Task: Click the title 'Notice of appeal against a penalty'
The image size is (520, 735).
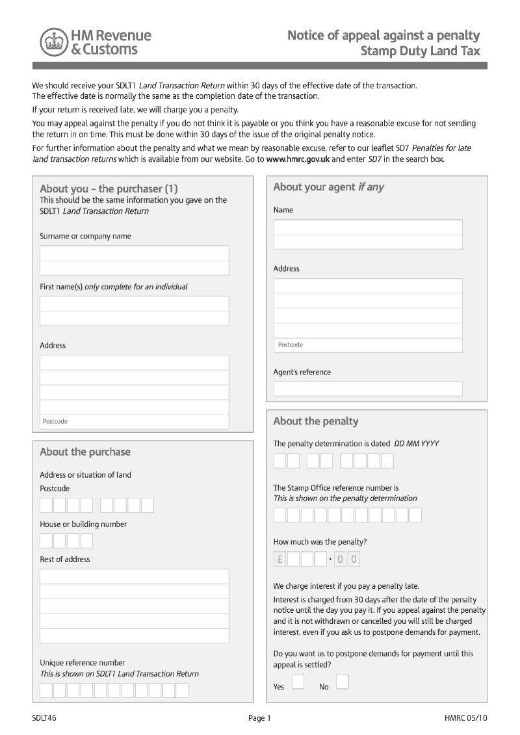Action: [383, 35]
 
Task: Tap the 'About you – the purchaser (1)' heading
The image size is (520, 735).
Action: [109, 189]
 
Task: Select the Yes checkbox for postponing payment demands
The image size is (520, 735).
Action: [298, 681]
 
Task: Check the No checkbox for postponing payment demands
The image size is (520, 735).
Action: [342, 681]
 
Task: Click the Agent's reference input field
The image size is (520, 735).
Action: [368, 389]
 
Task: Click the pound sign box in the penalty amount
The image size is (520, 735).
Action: [280, 559]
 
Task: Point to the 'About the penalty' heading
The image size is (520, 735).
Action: [315, 421]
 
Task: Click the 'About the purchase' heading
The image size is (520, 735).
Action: [85, 452]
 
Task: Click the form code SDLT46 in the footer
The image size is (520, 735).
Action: [44, 717]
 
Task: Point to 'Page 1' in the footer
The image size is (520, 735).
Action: [259, 717]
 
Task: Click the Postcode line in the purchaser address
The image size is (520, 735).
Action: [135, 422]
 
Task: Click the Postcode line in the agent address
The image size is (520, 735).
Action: [368, 345]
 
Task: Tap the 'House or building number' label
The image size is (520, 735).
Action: [83, 524]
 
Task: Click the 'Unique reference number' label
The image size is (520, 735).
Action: [83, 663]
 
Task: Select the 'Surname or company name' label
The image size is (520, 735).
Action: [85, 237]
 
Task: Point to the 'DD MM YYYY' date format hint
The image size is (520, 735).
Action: [416, 444]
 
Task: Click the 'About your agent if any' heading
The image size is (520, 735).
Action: [328, 187]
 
